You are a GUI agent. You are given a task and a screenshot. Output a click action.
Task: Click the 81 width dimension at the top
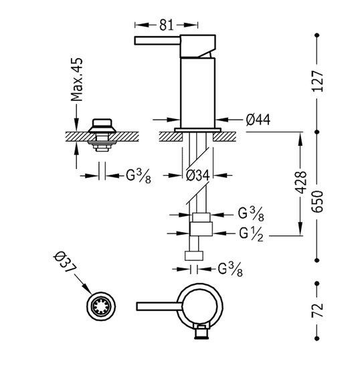166,25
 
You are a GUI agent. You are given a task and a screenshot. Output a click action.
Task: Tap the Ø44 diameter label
258,120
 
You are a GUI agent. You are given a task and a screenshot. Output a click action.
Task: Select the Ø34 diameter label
198,175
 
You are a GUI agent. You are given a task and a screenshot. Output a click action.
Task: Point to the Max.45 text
77,80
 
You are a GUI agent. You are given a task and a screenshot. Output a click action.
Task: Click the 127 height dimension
318,82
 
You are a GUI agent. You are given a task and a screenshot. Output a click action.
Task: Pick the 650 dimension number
318,201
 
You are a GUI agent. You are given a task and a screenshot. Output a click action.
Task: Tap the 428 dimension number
301,183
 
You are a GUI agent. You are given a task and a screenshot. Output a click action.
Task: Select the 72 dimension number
318,310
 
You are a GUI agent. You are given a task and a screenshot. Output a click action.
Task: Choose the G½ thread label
251,235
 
